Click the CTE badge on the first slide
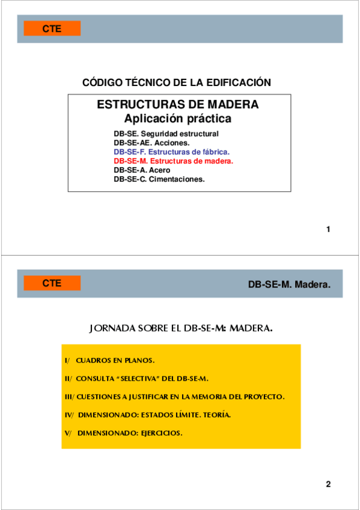(52, 28)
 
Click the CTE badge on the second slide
(52, 283)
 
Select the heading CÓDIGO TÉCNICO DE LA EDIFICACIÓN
(176, 82)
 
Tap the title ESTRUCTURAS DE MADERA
(178, 105)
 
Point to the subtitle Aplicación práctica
(177, 118)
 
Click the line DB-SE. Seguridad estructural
(166, 134)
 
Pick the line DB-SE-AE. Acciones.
(151, 143)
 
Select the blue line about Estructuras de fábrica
(171, 152)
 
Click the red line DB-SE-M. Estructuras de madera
(173, 161)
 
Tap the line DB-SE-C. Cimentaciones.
(159, 179)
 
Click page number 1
(328, 229)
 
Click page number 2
(328, 484)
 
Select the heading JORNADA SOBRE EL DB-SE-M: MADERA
(180, 328)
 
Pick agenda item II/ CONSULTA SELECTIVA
(136, 379)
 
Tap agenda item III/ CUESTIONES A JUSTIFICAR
(174, 397)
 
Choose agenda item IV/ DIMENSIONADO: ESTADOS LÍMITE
(147, 415)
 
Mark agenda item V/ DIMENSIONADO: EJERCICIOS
(123, 433)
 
